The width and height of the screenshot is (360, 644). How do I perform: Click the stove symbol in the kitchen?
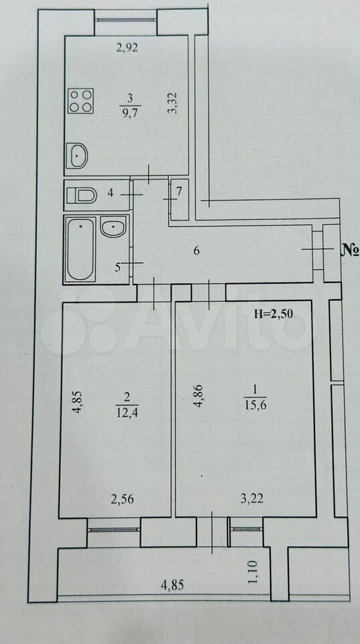point(81,101)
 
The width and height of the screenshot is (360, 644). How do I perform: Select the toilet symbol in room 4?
point(82,195)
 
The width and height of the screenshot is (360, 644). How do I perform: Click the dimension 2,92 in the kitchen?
point(127,48)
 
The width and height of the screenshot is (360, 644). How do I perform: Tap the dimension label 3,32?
point(174,103)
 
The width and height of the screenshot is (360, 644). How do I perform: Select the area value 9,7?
point(130,111)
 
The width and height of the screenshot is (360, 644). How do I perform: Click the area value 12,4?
point(127,411)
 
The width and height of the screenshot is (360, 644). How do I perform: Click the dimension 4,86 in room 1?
point(198,395)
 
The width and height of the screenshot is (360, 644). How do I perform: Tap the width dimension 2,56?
point(122,499)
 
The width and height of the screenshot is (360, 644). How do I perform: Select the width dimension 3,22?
point(251,498)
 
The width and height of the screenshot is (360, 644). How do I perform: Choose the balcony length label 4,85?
point(172,584)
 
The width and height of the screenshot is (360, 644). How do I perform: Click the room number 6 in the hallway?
point(196,250)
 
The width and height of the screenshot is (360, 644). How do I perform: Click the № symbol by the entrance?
point(350,250)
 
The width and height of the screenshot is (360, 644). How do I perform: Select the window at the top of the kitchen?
point(126,19)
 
